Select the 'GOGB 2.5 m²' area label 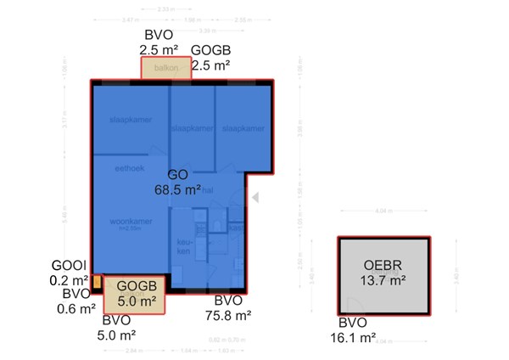pos(211,58)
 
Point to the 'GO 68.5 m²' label pos(176,183)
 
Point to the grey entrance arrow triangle pos(252,197)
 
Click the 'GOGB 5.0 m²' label pos(136,293)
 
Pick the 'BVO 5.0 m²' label pos(118,327)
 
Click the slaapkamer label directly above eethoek pos(130,120)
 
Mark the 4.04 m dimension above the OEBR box pos(380,210)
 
